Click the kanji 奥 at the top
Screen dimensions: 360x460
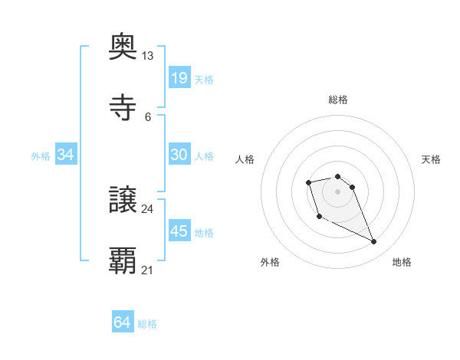pos(123,47)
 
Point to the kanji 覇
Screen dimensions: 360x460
pos(123,261)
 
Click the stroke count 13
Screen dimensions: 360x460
pos(147,56)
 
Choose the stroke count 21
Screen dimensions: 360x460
pos(147,270)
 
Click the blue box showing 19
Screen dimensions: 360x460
pos(179,78)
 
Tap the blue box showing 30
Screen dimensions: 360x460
pos(179,155)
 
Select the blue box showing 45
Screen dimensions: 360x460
pos(179,231)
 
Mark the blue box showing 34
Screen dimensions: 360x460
pos(66,155)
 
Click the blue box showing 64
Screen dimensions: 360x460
pos(122,323)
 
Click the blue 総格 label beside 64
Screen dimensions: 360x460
pos(147,324)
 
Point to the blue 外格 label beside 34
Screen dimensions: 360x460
pos(41,155)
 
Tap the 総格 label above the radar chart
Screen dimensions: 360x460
pos(337,100)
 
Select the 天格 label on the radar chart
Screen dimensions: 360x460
pos(431,159)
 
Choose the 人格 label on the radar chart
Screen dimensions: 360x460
pos(245,159)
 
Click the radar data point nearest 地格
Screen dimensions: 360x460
pos(374,242)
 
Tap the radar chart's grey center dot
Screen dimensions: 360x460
pos(337,191)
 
